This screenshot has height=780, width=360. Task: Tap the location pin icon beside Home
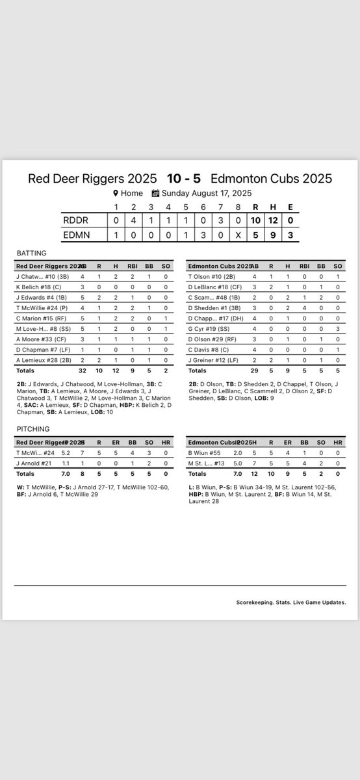[x=116, y=193]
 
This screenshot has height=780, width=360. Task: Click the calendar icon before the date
[x=155, y=193]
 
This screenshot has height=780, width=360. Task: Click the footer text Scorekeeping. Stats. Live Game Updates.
[x=291, y=602]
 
